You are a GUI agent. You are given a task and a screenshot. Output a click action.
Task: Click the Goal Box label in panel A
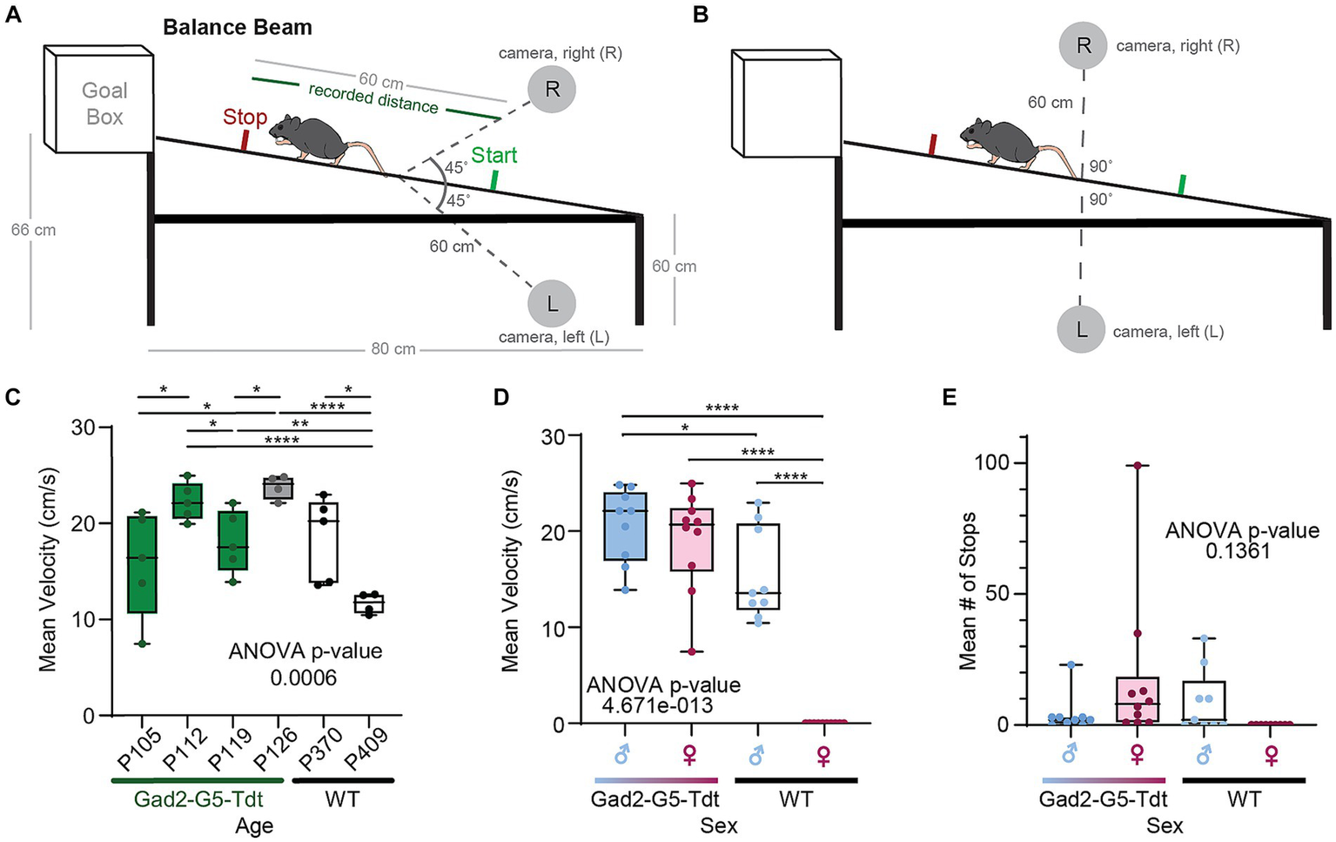pos(104,104)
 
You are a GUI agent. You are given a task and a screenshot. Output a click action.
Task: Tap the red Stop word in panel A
pos(245,118)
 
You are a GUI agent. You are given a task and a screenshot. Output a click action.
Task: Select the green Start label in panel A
pos(493,155)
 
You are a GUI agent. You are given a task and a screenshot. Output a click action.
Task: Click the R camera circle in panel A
pos(552,89)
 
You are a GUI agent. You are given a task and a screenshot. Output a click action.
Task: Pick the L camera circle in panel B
pos(1081,331)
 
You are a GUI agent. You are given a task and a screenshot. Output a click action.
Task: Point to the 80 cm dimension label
pos(393,349)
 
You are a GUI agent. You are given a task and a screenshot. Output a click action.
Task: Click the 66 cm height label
pos(33,230)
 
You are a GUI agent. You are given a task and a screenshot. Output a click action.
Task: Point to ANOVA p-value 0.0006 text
pos(305,663)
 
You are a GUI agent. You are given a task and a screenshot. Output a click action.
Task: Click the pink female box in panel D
pos(692,539)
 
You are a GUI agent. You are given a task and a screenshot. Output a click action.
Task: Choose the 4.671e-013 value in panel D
pos(657,705)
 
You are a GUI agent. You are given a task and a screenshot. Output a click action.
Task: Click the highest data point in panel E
pos(1136,466)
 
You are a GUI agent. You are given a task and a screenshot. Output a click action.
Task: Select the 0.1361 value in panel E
pos(1242,551)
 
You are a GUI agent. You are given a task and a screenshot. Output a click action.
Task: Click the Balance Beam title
pos(237,27)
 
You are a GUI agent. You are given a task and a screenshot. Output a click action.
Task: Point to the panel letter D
pos(500,398)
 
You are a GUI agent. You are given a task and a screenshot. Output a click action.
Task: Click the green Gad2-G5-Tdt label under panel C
pos(198,798)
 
